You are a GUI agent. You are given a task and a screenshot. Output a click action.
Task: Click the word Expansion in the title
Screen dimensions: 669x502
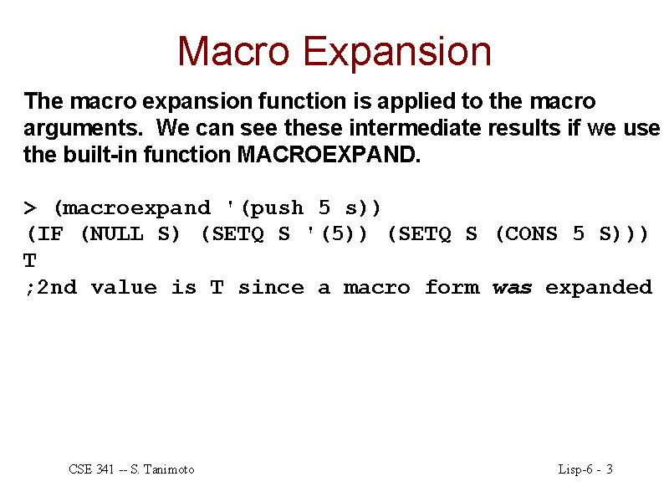[x=397, y=53]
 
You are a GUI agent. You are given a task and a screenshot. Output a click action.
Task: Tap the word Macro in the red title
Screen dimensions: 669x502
[x=233, y=51]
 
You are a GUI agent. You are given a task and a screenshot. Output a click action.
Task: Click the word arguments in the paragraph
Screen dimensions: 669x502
[x=83, y=129]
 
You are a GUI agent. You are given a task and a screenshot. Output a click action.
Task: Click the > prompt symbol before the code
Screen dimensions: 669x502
[x=30, y=208]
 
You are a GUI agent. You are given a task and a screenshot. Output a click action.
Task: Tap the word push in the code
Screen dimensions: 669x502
[x=276, y=208]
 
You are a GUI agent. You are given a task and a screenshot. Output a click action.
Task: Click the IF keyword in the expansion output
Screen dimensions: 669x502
[x=50, y=234]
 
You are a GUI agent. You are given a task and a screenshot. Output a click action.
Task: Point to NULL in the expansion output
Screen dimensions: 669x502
[x=117, y=234]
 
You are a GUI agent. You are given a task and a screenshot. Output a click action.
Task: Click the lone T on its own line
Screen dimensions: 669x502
[x=30, y=260]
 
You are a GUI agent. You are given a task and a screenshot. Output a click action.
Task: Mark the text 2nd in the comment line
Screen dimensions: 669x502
[x=57, y=287]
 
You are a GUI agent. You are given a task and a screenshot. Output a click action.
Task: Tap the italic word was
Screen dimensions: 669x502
[x=512, y=288]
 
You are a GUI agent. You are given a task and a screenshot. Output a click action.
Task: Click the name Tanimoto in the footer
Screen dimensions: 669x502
[x=169, y=469]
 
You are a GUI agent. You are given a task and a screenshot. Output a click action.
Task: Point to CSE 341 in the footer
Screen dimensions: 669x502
[x=91, y=469]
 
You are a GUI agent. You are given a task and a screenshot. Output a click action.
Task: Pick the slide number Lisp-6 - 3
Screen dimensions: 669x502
[x=585, y=470]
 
